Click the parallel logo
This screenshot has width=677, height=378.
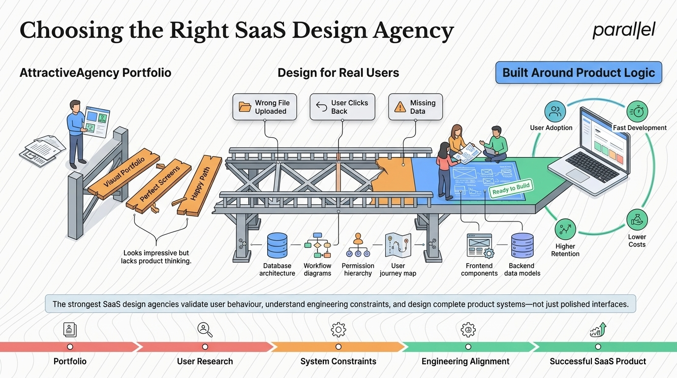(x=624, y=30)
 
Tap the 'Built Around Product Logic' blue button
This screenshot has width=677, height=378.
(x=579, y=72)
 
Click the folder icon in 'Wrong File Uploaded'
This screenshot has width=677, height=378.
(x=245, y=107)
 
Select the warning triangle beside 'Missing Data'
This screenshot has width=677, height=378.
(x=400, y=107)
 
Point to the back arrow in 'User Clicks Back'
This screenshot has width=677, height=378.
(x=322, y=107)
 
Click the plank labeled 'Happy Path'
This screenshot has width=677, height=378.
(x=200, y=185)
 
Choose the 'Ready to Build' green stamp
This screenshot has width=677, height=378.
(x=511, y=189)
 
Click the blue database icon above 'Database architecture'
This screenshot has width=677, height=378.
(x=277, y=245)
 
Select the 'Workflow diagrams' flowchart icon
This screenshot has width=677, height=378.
(x=317, y=245)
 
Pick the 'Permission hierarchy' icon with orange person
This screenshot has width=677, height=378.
(x=358, y=245)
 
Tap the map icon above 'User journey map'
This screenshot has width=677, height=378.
(x=398, y=245)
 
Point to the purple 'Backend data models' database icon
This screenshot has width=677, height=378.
(x=522, y=245)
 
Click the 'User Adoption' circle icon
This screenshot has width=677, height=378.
(x=555, y=111)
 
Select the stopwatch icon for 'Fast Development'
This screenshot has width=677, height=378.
(x=637, y=111)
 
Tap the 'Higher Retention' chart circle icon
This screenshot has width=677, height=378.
(x=565, y=229)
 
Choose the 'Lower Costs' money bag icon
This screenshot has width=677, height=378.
(x=637, y=220)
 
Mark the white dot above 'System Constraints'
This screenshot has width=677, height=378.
(x=338, y=347)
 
